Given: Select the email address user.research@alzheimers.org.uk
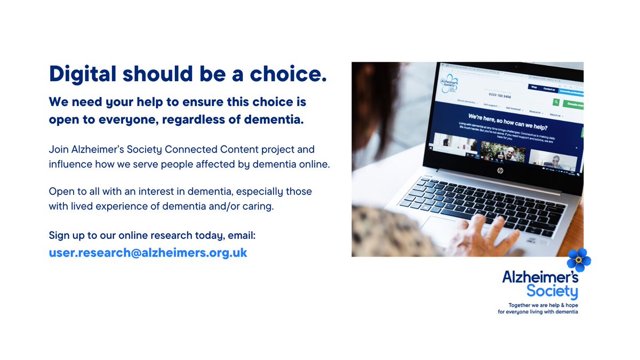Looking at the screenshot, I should (148, 252).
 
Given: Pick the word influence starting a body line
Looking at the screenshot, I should (70, 164).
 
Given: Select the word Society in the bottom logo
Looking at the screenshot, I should (552, 292).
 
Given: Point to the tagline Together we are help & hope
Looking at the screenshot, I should (542, 306).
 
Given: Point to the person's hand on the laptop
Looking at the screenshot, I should (483, 238).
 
